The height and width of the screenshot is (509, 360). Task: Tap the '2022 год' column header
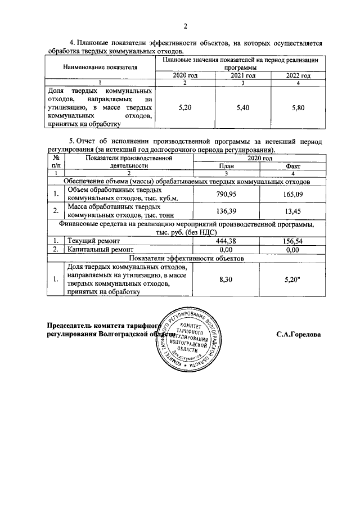(298, 75)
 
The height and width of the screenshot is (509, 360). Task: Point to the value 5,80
(298, 107)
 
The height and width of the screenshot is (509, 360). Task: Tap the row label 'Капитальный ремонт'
(100, 249)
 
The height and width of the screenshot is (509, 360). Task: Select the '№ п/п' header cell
(55, 163)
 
